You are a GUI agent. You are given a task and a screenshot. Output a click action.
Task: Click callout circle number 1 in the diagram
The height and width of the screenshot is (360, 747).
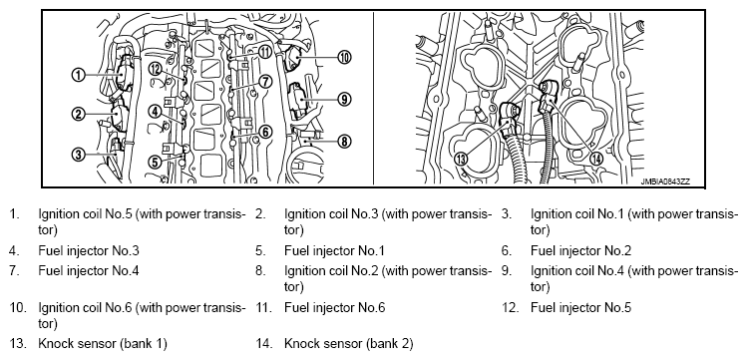78,75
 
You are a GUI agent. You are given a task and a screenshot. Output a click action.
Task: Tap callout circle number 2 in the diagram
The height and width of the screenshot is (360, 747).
78,114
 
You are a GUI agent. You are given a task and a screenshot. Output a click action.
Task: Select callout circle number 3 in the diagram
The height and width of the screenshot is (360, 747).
78,154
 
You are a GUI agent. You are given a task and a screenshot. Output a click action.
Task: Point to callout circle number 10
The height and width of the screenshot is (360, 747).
344,58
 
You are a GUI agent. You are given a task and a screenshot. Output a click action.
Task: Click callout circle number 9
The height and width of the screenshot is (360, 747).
344,99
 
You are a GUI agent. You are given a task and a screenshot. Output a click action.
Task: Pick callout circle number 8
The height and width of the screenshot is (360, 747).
344,141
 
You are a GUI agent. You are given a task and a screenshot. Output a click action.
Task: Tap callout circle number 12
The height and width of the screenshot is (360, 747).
156,69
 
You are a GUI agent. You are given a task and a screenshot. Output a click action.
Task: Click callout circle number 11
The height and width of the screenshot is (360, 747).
265,51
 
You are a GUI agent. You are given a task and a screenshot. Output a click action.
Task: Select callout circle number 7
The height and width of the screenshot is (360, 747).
265,82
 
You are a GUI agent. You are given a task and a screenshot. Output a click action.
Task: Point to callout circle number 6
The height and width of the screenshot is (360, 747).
265,132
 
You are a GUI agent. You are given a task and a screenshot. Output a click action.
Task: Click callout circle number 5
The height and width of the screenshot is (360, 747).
156,162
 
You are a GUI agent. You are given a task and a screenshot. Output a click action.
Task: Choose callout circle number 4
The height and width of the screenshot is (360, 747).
156,112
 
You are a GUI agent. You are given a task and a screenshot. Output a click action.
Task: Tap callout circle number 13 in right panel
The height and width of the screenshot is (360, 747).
461,159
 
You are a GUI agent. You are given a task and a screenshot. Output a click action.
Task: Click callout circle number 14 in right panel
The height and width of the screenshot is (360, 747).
595,159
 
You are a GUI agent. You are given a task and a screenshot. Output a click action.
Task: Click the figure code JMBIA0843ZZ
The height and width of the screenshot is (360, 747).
665,181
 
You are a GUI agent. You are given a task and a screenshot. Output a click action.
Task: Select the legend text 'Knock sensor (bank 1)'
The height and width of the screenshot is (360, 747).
103,343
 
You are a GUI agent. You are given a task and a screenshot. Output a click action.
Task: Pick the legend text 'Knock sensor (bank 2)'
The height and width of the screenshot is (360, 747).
349,343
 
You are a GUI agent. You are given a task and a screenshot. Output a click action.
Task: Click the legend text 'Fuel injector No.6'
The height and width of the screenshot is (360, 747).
334,307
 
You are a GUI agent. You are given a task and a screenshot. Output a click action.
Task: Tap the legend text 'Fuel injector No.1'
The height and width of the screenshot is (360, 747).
334,250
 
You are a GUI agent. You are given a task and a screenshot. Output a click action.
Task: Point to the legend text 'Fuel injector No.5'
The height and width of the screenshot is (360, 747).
580,307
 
